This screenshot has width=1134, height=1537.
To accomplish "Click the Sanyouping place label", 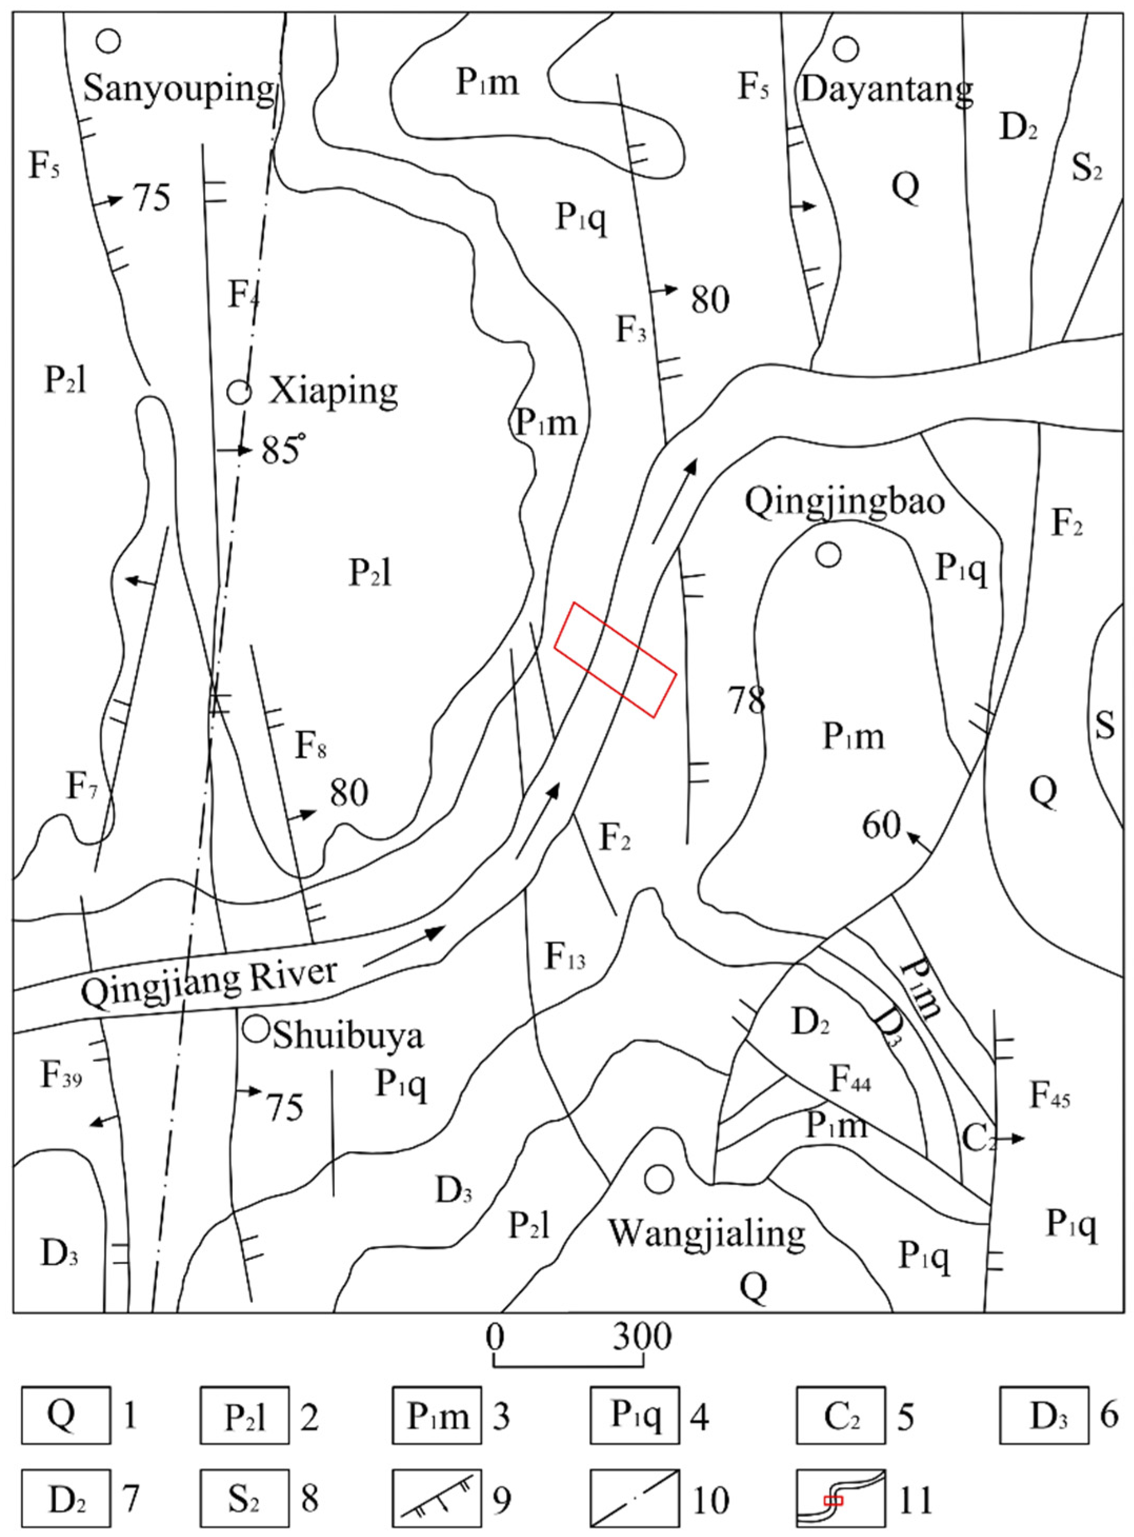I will click(178, 89).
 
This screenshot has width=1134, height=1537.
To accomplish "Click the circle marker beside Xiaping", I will click(239, 392).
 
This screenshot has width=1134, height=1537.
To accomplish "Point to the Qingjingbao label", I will click(845, 502).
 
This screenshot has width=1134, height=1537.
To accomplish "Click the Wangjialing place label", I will click(707, 1233).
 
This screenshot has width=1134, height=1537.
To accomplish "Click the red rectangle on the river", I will click(616, 660).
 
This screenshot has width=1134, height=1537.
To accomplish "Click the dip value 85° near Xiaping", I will click(282, 451).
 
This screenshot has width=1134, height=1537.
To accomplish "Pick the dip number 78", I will click(747, 701).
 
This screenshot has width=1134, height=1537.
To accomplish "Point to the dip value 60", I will click(881, 825).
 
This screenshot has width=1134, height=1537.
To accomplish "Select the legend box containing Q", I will click(66, 1415).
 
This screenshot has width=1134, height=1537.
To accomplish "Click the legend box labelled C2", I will click(841, 1415).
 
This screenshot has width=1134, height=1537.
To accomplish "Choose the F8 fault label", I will click(310, 746).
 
